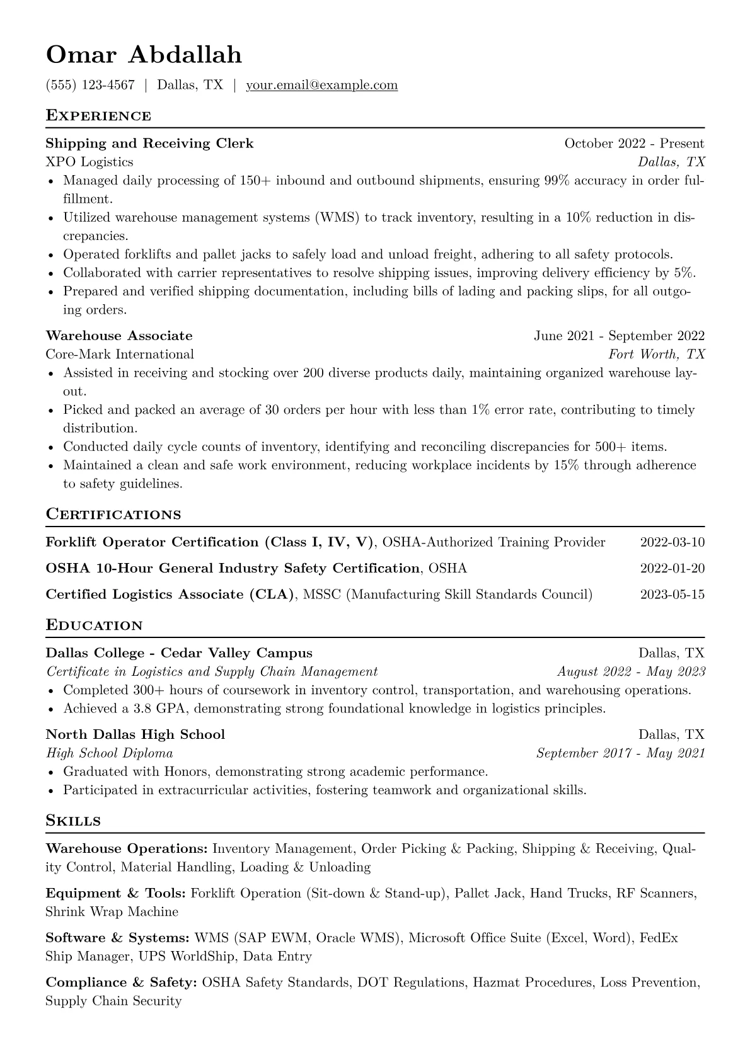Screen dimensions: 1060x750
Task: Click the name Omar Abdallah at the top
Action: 144,55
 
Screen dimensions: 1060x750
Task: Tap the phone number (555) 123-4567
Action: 90,85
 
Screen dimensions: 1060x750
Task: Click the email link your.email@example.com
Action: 321,85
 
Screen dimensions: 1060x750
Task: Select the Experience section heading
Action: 98,115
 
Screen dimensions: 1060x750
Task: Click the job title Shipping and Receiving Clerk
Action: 149,144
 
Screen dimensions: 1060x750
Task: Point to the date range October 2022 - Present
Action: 634,144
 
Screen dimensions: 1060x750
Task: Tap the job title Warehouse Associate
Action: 119,336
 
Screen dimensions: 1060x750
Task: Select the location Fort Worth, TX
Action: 656,354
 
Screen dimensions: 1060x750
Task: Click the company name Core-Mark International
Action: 120,354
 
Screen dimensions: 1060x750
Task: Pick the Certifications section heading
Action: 113,515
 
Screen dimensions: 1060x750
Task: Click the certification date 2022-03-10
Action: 672,542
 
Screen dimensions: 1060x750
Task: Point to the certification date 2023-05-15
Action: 672,594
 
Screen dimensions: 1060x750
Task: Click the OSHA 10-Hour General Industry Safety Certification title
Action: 233,568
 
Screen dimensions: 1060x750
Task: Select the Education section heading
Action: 95,625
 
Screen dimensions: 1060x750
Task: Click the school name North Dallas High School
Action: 136,734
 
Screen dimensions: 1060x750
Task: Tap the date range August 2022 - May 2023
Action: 631,671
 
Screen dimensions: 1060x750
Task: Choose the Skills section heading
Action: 73,821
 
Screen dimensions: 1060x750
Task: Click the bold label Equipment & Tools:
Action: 115,893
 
